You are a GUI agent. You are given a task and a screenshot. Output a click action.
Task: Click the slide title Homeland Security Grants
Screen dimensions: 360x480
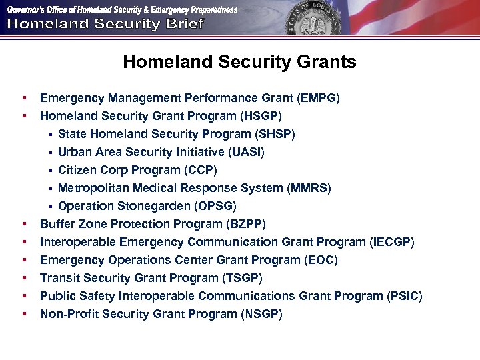(239, 62)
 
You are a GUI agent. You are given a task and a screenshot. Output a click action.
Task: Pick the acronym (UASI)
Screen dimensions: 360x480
(246, 153)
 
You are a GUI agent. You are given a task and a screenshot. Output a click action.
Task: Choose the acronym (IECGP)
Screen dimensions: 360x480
(392, 243)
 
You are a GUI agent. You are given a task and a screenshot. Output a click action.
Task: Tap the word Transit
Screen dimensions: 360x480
(59, 279)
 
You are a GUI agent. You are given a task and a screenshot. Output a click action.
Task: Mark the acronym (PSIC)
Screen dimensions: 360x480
(405, 297)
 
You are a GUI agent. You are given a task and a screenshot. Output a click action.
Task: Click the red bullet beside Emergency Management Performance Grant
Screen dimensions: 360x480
(24, 99)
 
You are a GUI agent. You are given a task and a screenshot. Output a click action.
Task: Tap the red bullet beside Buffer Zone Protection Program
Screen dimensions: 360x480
(24, 225)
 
